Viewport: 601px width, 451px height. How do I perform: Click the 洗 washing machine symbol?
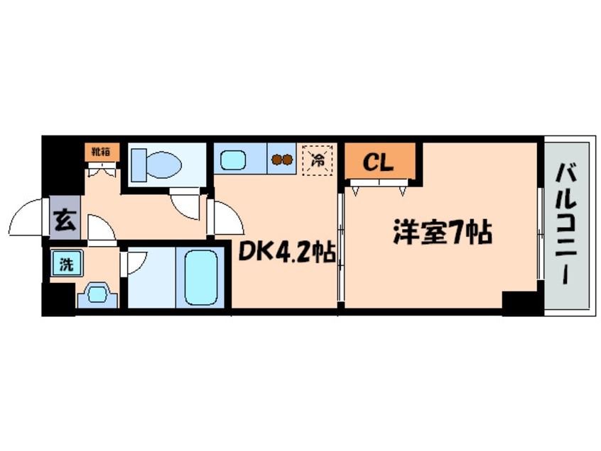click(x=66, y=265)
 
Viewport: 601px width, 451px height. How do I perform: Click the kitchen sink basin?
click(x=234, y=160)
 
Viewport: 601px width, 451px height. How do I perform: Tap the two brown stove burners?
click(x=281, y=160)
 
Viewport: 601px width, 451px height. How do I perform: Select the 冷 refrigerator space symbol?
click(x=318, y=159)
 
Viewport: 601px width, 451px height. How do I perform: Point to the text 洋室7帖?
click(x=443, y=232)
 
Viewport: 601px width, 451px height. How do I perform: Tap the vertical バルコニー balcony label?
click(x=566, y=223)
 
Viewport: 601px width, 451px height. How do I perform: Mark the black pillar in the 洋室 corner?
click(x=521, y=303)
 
